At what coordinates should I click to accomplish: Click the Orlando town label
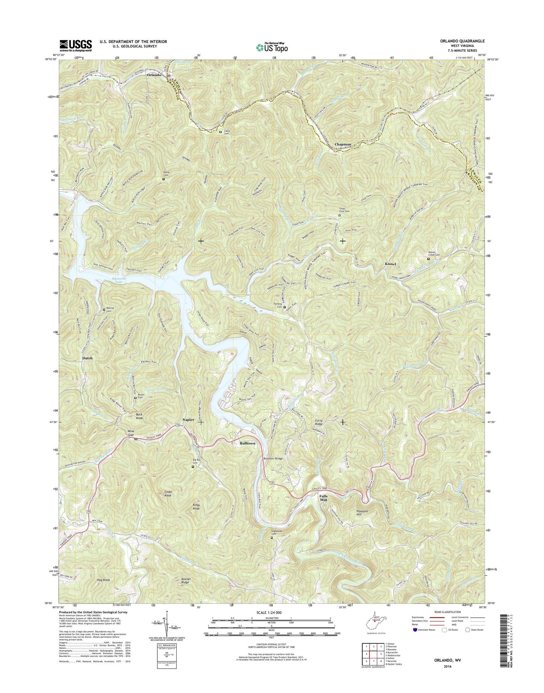[154, 75]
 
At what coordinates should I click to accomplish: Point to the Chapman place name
[343, 144]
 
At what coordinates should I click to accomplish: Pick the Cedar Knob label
[168, 493]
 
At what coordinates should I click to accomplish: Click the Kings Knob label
[196, 507]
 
